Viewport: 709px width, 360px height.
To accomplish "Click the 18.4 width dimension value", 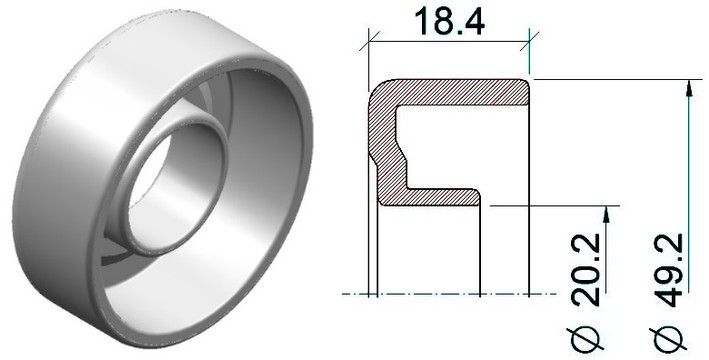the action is pyautogui.click(x=449, y=21).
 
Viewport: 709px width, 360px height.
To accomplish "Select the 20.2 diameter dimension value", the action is pyautogui.click(x=586, y=270).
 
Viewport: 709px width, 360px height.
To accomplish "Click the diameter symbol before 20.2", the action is pyautogui.click(x=586, y=337).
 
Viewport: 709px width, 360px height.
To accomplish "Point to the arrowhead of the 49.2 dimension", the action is pyautogui.click(x=689, y=88).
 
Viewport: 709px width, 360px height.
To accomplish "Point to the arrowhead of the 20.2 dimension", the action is pyautogui.click(x=606, y=214).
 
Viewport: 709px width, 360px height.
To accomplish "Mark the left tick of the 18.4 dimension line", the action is pyautogui.click(x=369, y=41).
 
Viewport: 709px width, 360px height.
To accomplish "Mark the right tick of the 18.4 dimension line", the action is pyautogui.click(x=529, y=41).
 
